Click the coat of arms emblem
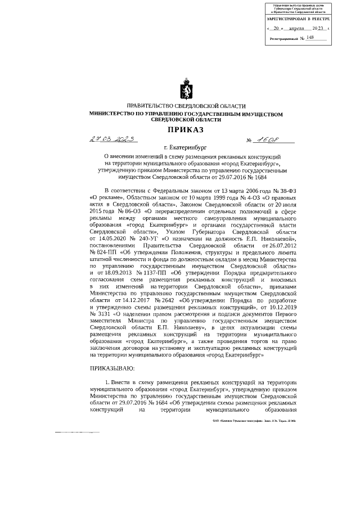tap(186, 90)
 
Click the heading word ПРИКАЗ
tap(186, 129)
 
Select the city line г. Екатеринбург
tap(186, 149)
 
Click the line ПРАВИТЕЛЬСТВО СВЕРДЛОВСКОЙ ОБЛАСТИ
tap(186, 106)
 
